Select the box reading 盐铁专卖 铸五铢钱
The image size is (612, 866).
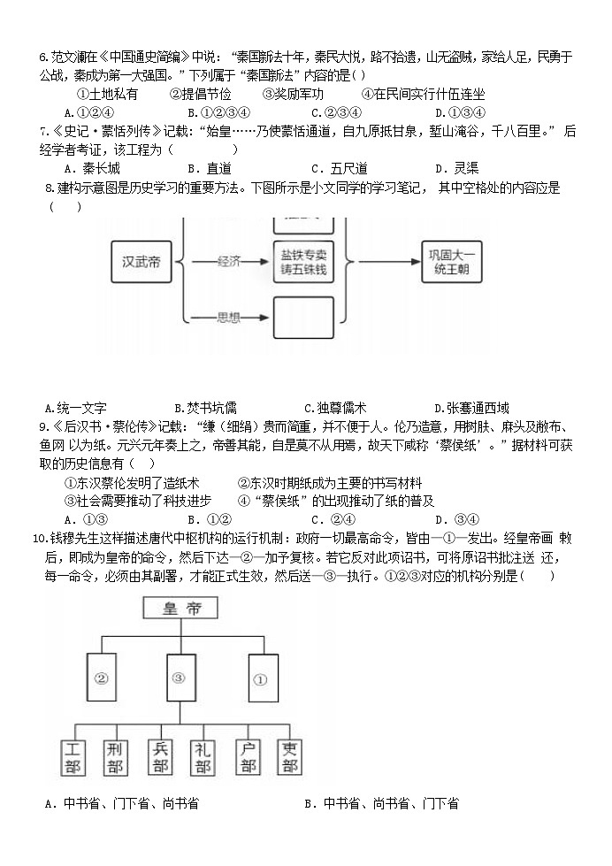coord(302,260)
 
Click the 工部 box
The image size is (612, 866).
coord(74,758)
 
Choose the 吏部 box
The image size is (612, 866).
coord(290,758)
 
